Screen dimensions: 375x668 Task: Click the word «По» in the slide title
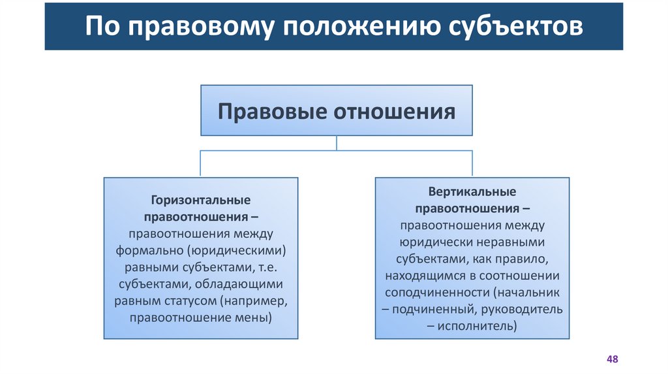coord(103,27)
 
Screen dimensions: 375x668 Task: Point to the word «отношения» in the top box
coord(395,111)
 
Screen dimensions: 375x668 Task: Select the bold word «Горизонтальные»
coord(201,200)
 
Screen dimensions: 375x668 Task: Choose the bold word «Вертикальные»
coord(472,192)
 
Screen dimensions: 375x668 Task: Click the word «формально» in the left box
coord(149,251)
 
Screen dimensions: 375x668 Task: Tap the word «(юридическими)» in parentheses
coord(236,251)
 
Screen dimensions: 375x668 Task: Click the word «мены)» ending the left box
coord(255,319)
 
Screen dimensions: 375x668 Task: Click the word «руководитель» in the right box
coord(526,309)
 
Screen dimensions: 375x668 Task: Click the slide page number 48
coord(612,359)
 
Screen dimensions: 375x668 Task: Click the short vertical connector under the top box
coord(337,143)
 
